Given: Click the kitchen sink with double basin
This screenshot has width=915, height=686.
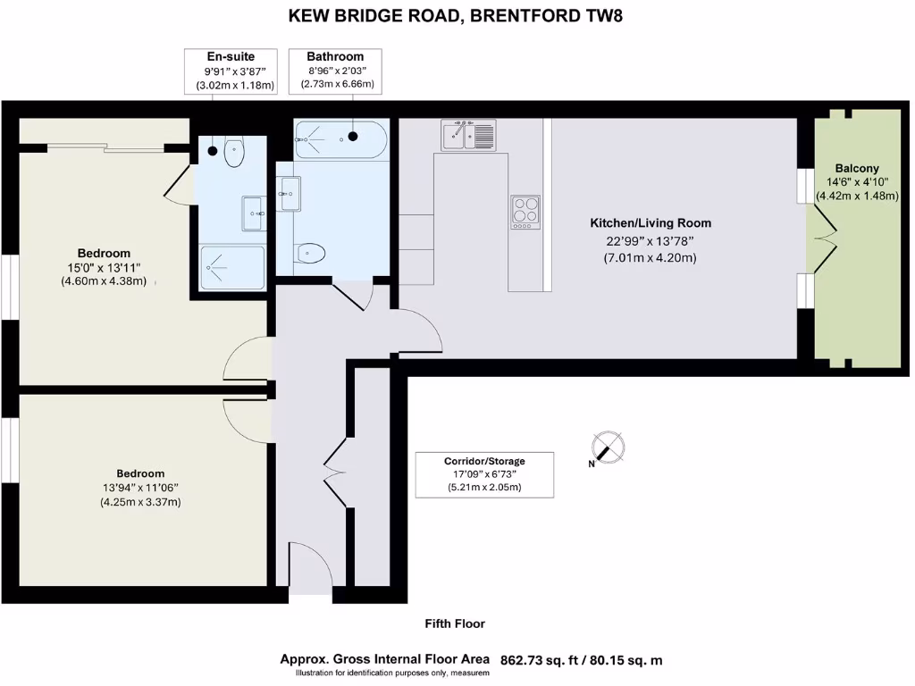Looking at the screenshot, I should [x=467, y=136].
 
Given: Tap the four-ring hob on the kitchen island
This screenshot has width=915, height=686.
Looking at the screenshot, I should [x=525, y=212].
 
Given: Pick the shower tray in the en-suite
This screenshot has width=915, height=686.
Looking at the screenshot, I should [x=231, y=267].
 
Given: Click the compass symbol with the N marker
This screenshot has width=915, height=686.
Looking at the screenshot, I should [x=608, y=448].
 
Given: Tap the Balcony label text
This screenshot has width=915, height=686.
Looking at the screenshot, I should [x=856, y=168].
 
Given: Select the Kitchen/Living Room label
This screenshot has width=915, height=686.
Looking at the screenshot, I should [x=650, y=223].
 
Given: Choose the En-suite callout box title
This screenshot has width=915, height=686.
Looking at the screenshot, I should [x=231, y=56].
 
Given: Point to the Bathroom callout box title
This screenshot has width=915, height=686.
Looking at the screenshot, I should [x=335, y=56].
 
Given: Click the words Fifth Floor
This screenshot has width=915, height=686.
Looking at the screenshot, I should [x=454, y=623].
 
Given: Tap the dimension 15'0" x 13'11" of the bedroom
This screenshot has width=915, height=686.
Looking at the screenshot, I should [x=103, y=267].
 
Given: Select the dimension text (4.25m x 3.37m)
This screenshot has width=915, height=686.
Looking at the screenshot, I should [x=140, y=502].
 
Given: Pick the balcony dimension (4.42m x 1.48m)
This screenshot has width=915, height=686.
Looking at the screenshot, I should [x=857, y=197].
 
